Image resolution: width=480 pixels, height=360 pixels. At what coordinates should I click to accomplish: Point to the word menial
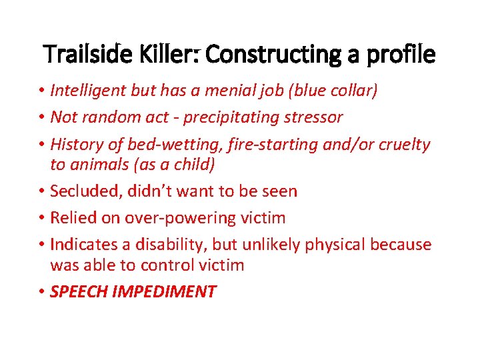[x=232, y=91]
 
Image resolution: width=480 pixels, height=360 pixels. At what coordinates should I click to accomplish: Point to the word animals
[x=99, y=165]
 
